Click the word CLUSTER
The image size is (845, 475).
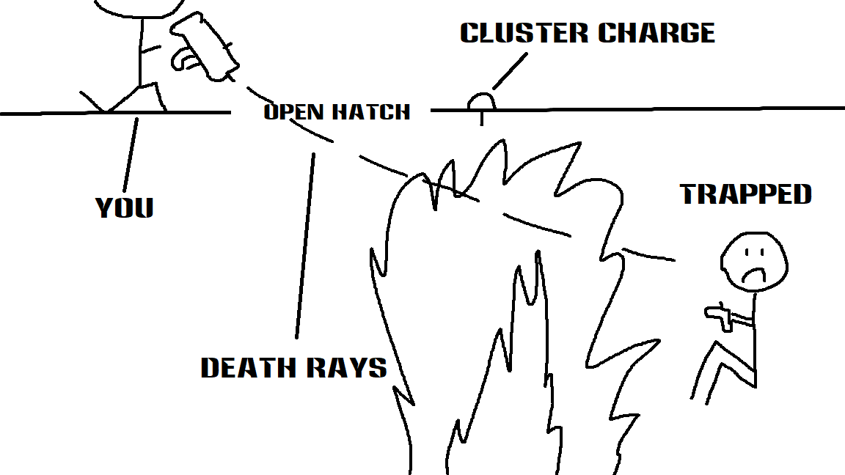point(522,33)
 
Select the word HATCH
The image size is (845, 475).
point(370,112)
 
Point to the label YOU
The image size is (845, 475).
point(125,208)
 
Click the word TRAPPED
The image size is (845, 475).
point(746,194)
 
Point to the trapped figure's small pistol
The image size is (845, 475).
point(718,316)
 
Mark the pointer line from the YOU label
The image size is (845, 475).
point(130,154)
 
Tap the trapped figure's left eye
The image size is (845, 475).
point(745,254)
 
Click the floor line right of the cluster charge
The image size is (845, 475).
point(660,109)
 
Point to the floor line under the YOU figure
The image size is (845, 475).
point(110,113)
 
